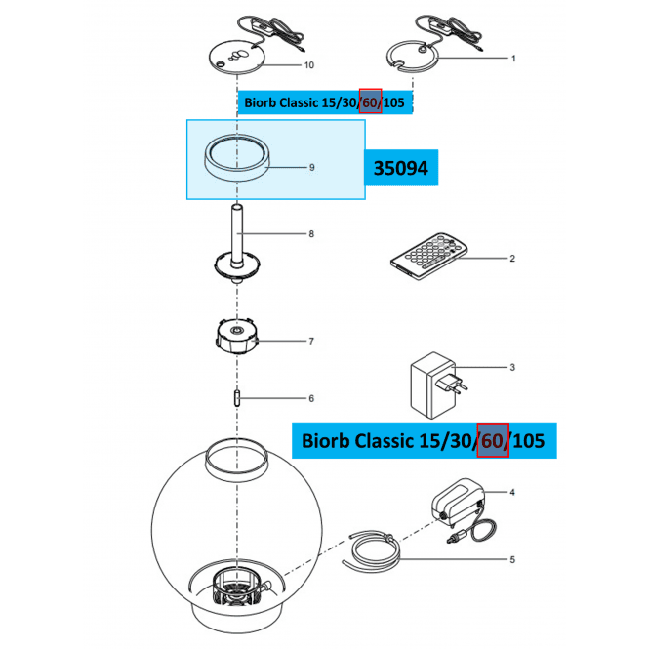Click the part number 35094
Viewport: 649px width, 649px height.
401,168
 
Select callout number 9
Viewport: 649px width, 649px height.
312,167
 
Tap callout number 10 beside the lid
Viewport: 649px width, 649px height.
309,65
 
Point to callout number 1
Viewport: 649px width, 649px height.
513,59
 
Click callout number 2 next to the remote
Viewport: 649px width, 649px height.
512,259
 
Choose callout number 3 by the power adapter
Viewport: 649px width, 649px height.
512,367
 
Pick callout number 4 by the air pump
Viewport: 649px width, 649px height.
512,492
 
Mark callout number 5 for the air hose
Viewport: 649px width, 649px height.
512,559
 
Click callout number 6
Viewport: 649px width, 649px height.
311,398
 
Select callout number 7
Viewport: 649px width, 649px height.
311,341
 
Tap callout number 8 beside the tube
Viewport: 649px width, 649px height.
311,234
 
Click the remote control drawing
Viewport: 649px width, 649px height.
428,256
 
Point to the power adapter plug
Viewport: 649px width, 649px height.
438,385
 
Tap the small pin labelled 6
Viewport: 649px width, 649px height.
237,398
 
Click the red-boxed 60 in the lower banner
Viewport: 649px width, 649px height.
493,440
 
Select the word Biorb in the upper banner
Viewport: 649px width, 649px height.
260,102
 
